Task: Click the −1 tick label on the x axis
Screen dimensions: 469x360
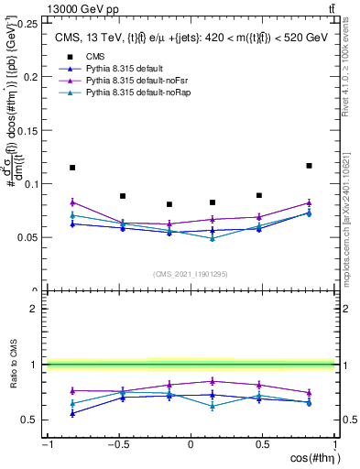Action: click(46, 445)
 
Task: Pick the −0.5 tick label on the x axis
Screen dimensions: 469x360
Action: click(117, 445)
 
